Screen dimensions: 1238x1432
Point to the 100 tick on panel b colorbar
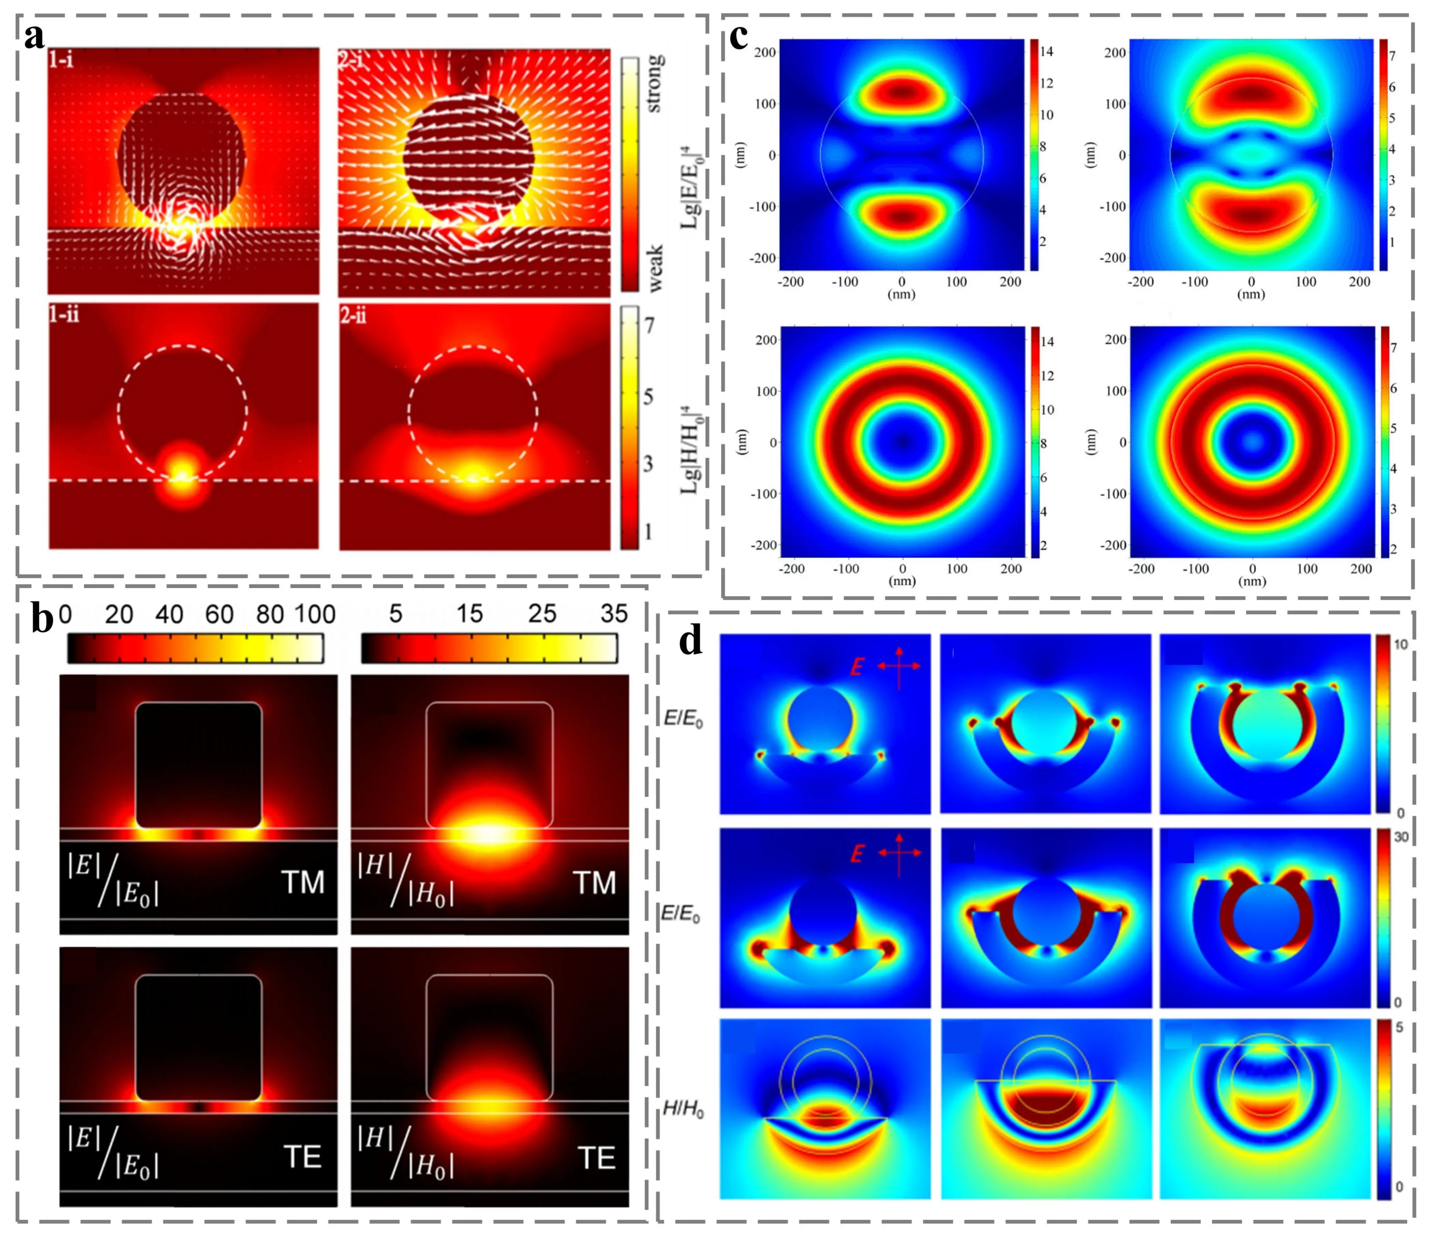315,614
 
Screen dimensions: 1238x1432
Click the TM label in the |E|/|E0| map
303,883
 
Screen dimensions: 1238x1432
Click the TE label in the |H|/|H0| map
596,1158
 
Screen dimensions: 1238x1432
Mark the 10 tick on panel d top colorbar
1400,644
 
